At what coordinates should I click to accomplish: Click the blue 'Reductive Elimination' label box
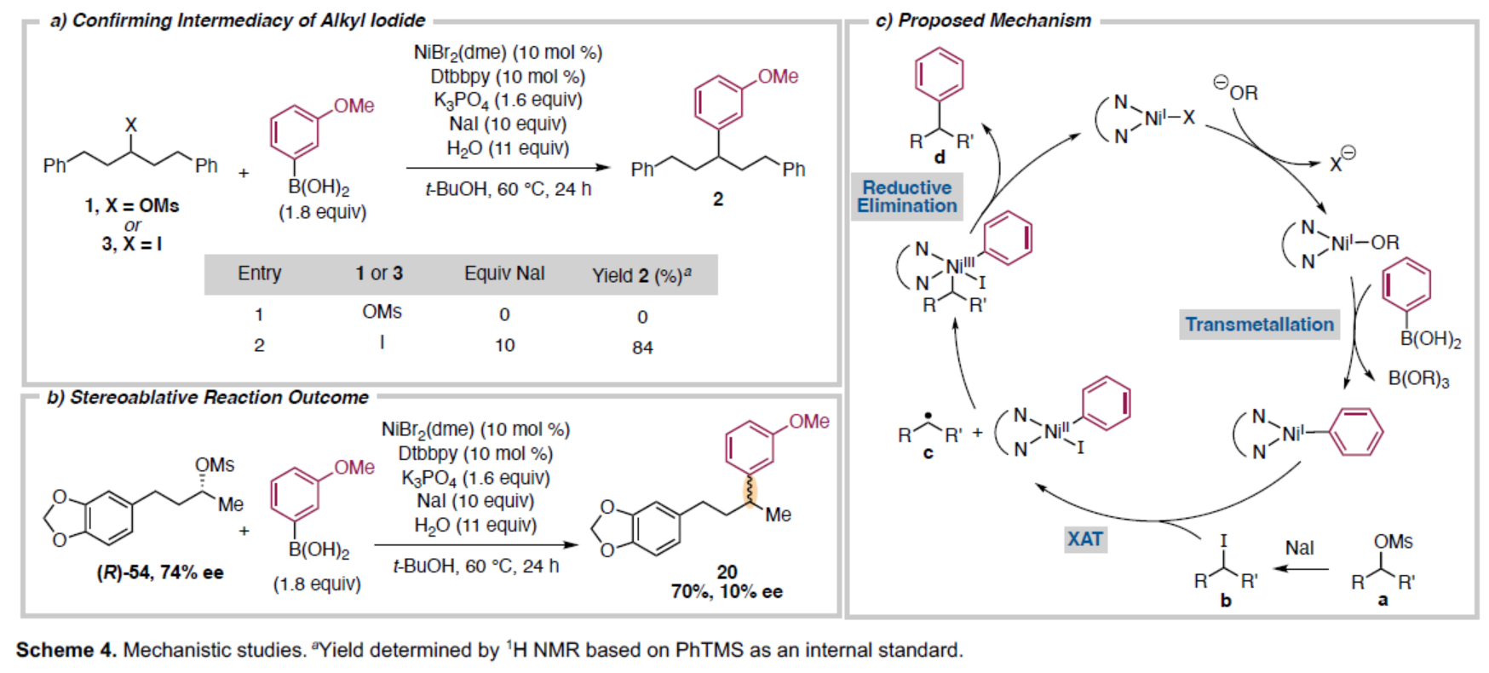pos(907,197)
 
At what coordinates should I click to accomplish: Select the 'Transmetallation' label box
pos(1259,325)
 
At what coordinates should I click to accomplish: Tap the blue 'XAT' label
pos(1084,538)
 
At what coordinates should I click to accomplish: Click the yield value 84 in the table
pos(642,348)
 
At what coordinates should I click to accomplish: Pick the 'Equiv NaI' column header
pos(504,273)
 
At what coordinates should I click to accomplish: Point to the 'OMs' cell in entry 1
pos(382,312)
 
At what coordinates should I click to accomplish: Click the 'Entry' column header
pos(259,273)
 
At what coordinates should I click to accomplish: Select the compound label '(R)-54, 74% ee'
pos(160,572)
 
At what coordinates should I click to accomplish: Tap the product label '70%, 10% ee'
pos(727,591)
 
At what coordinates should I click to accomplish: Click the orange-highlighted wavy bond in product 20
pos(750,492)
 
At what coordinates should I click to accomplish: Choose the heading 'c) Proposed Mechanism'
pos(983,20)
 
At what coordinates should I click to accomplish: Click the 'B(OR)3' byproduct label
pos(1418,378)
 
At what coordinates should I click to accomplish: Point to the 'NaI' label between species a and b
pos(1299,548)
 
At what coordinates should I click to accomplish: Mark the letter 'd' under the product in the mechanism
pos(940,158)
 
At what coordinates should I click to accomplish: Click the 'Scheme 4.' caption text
pos(66,650)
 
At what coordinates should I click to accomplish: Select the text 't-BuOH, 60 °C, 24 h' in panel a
pos(508,189)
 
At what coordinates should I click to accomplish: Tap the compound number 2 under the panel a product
pos(718,198)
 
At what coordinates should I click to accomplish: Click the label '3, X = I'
pos(132,244)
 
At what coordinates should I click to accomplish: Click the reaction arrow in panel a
pos(508,168)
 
